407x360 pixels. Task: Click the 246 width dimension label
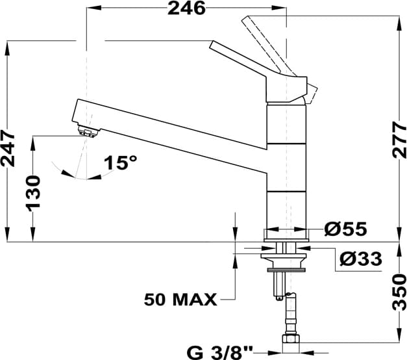coord(186,8)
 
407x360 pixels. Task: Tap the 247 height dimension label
coord(8,149)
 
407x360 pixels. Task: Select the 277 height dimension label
coord(399,140)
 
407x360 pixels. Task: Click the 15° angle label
coord(120,162)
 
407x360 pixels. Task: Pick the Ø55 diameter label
coord(345,229)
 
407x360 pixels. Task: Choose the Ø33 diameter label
coord(361,259)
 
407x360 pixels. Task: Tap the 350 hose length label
coord(399,292)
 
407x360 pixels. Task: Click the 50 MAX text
coord(180,300)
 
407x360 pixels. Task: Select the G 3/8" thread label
coord(219,354)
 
